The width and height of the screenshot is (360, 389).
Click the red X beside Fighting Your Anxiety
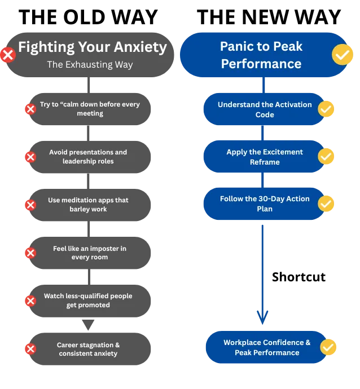(x=8, y=55)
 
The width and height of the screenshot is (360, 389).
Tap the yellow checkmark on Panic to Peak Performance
(x=342, y=55)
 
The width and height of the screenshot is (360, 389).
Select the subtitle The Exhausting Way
(x=90, y=64)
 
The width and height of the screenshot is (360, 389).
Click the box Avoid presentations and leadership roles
(x=88, y=157)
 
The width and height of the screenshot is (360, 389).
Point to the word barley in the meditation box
(x=80, y=209)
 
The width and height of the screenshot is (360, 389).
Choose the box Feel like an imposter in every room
(x=89, y=253)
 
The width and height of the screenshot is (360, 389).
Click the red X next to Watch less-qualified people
(x=30, y=300)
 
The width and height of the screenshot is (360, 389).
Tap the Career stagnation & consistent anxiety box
(x=88, y=349)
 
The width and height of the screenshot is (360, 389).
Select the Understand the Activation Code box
(x=264, y=109)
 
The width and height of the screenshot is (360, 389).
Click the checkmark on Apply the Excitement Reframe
(x=326, y=157)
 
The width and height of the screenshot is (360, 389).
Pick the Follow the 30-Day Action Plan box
(x=264, y=204)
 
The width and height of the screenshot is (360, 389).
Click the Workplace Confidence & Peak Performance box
(x=267, y=347)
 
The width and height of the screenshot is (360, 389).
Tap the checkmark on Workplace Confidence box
(x=328, y=347)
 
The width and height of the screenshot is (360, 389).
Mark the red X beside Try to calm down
(x=30, y=109)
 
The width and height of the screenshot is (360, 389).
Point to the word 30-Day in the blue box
(x=261, y=199)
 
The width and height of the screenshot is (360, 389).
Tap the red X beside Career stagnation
(x=30, y=349)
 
